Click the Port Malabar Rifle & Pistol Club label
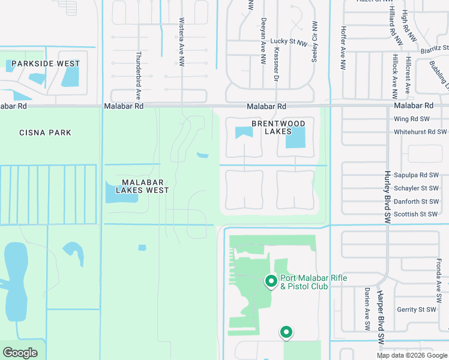(313, 282)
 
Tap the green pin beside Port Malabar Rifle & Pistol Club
(271, 280)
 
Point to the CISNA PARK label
(45, 133)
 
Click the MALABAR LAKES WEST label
(137, 186)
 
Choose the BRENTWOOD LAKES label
(278, 127)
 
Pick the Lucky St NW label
(288, 41)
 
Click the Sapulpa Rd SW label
(416, 175)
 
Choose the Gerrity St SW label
(416, 310)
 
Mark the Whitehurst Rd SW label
(420, 132)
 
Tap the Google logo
(20, 353)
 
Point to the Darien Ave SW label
(366, 308)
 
